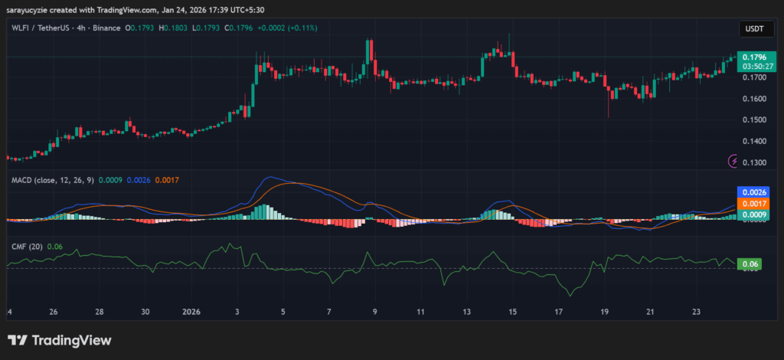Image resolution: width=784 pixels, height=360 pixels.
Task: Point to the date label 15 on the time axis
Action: point(513,313)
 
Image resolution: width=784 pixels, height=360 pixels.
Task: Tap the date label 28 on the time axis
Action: point(100,313)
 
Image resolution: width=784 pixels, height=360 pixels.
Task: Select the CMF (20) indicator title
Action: point(25,246)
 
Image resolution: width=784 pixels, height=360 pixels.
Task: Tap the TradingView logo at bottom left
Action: point(59,340)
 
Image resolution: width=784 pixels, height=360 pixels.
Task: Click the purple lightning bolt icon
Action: point(733,161)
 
